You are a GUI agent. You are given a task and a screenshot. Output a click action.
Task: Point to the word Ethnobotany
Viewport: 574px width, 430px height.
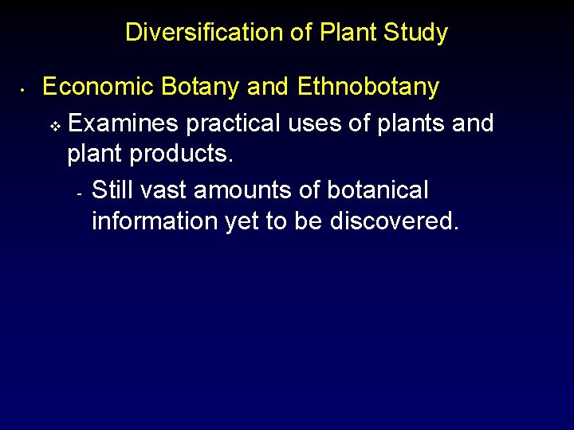click(x=368, y=86)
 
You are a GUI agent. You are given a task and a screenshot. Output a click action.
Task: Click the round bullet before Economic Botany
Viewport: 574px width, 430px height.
click(x=25, y=88)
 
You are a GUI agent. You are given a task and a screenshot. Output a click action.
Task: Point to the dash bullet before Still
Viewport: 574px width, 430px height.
click(x=79, y=193)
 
